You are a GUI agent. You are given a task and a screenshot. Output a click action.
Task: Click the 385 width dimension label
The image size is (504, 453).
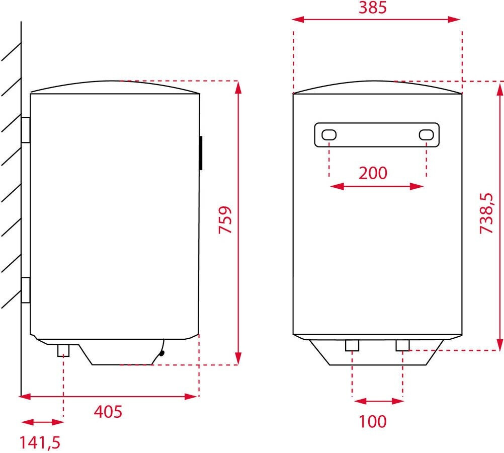point(373,8)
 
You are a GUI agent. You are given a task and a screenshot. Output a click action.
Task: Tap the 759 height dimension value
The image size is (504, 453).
point(225,220)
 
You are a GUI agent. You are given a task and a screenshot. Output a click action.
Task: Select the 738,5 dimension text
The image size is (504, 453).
point(486,213)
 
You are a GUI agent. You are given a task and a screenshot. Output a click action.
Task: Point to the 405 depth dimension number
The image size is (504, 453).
point(108,412)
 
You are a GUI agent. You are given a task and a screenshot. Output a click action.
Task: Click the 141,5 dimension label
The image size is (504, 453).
point(40,443)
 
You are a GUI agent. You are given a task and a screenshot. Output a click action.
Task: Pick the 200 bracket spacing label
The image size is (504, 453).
point(373,173)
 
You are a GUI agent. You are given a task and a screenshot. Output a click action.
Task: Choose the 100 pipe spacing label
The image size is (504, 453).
point(373,421)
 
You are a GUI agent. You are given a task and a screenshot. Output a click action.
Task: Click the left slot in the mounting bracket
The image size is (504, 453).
point(329,135)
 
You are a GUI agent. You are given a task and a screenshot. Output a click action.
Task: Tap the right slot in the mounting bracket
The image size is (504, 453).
point(427,135)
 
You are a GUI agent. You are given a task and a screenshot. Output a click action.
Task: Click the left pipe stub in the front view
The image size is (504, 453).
point(352,346)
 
